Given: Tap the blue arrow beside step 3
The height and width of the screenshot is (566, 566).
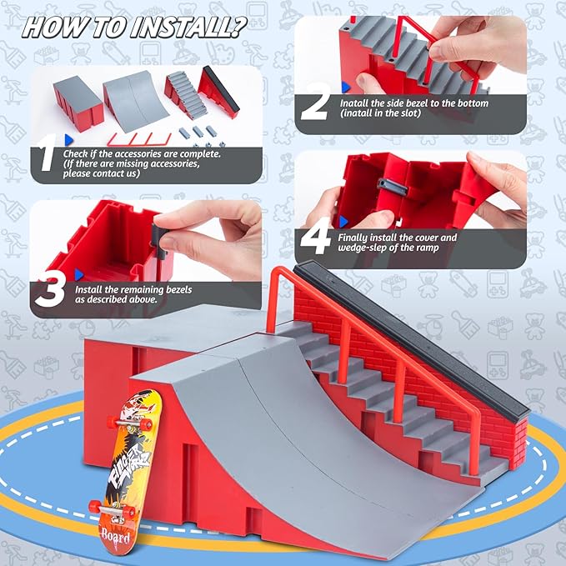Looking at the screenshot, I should tap(79, 273).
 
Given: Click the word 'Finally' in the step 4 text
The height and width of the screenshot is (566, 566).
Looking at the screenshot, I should tap(355, 238).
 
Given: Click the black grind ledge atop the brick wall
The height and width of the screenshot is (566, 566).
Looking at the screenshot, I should tap(417, 333).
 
